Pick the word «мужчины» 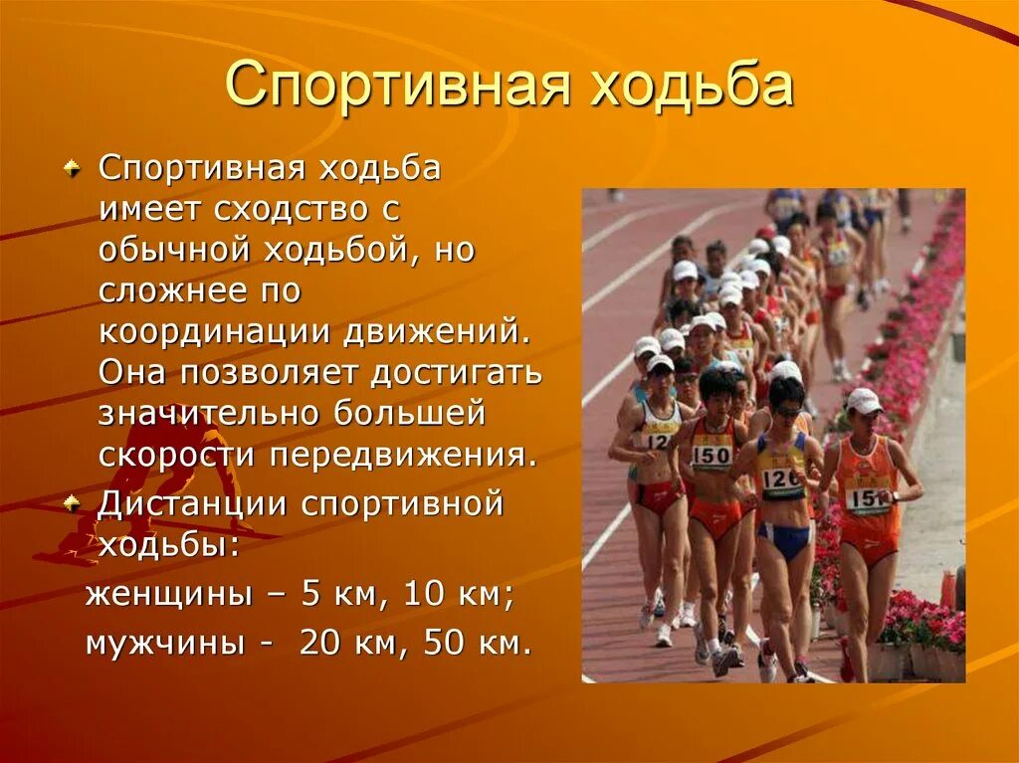tap(164, 643)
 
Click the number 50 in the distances tap(444, 643)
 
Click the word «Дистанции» tap(191, 504)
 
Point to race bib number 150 tap(711, 455)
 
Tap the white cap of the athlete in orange tap(863, 400)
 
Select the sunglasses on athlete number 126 tap(786, 409)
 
